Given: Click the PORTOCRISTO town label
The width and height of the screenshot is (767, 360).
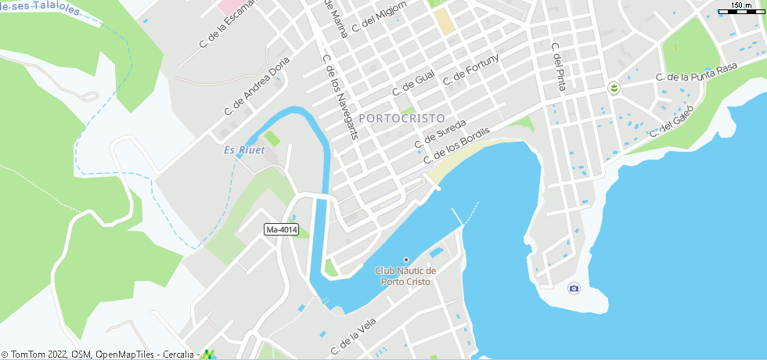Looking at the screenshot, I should click(402, 117).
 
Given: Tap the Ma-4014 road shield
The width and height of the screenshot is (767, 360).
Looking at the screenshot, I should click(282, 229).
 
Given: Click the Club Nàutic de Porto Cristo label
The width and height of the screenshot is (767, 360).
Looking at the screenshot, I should click(405, 276).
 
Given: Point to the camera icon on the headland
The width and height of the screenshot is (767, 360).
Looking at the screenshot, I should click(574, 289).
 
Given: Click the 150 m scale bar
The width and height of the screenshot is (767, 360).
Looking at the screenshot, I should click(740, 8).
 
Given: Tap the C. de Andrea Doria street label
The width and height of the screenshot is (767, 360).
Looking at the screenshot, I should click(257, 87).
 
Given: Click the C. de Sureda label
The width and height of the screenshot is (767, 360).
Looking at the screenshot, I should click(440, 134).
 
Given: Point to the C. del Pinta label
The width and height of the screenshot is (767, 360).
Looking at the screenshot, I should click(557, 67).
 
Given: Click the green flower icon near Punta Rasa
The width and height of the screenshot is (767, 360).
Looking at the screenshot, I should click(614, 87).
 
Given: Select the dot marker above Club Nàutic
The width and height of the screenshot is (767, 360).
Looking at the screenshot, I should click(405, 260).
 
